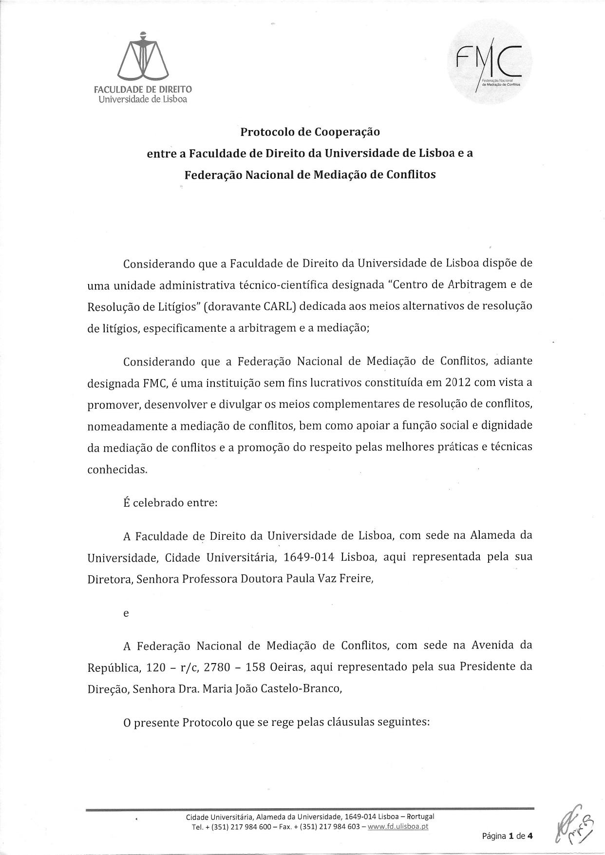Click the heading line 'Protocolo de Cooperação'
point(310,132)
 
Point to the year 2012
point(458,382)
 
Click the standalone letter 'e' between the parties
point(126,614)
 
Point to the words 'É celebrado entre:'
point(170,502)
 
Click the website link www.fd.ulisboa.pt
point(398,826)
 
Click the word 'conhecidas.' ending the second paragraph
point(117,470)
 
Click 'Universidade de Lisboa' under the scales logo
point(143,99)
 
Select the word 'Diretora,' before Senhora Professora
point(110,579)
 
